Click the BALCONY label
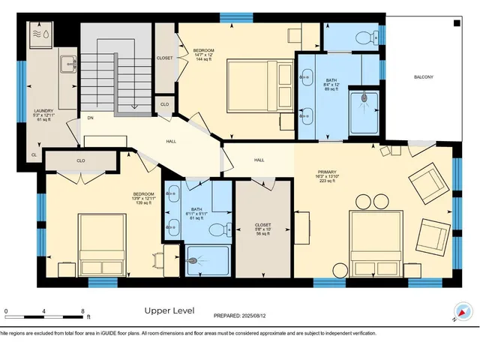pyautogui.click(x=422, y=77)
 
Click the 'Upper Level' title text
pyautogui.click(x=169, y=310)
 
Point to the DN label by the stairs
pyautogui.click(x=90, y=118)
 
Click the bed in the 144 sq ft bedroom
pyautogui.click(x=260, y=86)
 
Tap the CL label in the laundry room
pyautogui.click(x=34, y=155)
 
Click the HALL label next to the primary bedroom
pyautogui.click(x=259, y=160)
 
